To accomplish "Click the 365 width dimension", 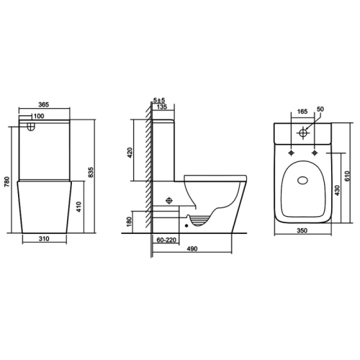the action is tap(44, 104).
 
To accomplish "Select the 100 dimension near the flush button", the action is tap(39, 116).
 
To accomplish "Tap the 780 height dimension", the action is tap(7, 181).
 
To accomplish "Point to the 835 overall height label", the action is tap(91, 172).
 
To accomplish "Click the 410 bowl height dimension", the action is tap(79, 207).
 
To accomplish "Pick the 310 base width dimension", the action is tap(44, 239).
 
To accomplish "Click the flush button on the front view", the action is tap(31, 127).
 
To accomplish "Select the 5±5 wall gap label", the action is tap(159, 100).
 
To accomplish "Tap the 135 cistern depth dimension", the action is tap(162, 107).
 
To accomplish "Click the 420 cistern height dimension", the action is tap(130, 153).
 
